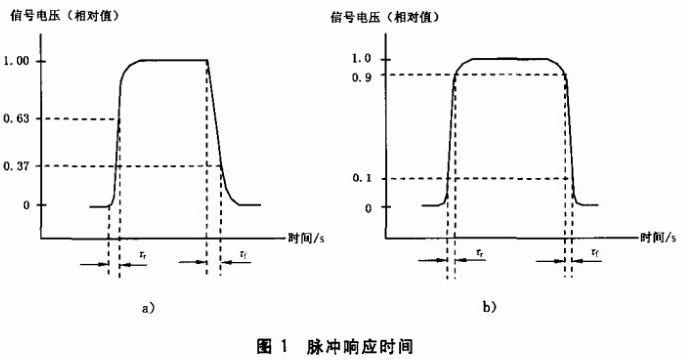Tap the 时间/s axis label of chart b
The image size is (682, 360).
[656, 239]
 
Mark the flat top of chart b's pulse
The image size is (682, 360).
[511, 60]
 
